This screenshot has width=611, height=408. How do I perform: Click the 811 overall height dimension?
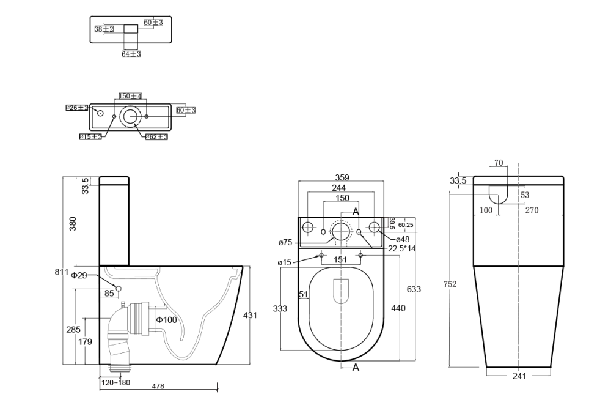click(x=60, y=271)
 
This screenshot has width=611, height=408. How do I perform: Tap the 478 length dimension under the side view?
click(x=158, y=386)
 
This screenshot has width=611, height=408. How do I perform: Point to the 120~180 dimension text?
click(x=115, y=383)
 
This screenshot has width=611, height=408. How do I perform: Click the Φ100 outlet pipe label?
click(x=166, y=320)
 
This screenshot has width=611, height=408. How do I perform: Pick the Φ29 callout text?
click(x=79, y=276)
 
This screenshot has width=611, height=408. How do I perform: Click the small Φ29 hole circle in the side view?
click(x=119, y=289)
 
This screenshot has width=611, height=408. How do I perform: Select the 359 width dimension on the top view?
click(x=342, y=178)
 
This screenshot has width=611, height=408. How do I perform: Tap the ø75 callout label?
click(x=285, y=243)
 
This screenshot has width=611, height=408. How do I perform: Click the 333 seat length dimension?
click(x=280, y=309)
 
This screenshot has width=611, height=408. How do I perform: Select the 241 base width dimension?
click(x=519, y=376)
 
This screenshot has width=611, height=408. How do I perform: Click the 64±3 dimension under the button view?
click(x=131, y=54)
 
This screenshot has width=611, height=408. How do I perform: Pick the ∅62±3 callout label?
click(x=156, y=136)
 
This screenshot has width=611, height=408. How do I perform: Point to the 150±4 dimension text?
click(x=130, y=97)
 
